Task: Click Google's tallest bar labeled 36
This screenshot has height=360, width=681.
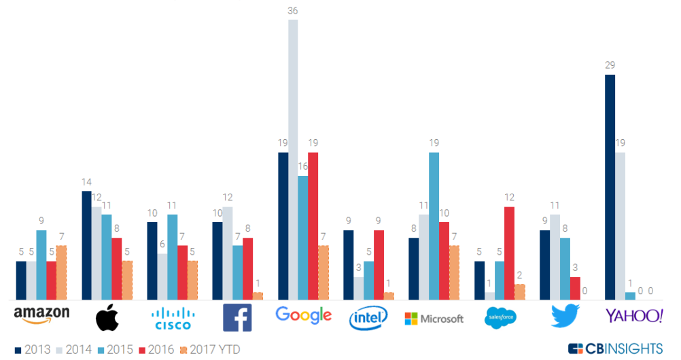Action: [x=293, y=160]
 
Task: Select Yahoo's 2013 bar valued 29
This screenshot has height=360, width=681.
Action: [x=610, y=187]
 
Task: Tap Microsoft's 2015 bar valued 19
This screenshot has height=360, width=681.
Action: [x=434, y=226]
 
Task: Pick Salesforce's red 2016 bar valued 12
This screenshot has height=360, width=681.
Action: [x=508, y=253]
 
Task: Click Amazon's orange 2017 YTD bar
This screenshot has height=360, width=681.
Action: [x=61, y=272]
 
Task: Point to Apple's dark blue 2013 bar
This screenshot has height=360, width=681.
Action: [x=86, y=245]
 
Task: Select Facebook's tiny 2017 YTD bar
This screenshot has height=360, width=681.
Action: [x=258, y=296]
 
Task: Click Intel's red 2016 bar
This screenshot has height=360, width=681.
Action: [x=379, y=265]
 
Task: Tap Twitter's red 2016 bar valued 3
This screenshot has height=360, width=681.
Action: [x=575, y=288]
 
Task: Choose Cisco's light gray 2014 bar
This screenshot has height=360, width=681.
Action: [x=162, y=276]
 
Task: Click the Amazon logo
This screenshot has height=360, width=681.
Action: [x=42, y=316]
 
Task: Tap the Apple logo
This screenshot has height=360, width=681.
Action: [x=107, y=317]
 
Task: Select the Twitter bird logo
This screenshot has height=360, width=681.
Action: [x=564, y=316]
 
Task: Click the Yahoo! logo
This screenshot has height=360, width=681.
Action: [x=634, y=316]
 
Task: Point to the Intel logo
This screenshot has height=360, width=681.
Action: [x=368, y=317]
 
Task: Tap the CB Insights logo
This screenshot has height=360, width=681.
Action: [x=615, y=348]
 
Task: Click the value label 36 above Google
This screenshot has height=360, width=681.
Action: [x=293, y=11]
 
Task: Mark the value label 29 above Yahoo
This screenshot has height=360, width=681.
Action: [x=610, y=66]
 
